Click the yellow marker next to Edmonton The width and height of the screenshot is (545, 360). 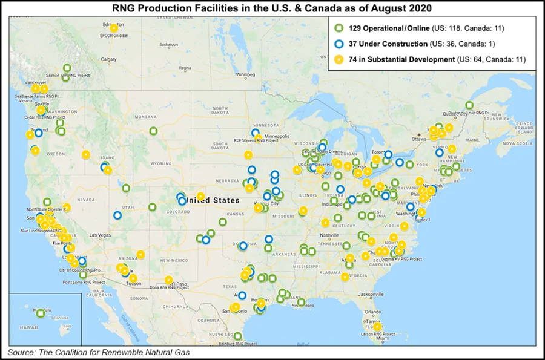[x=114, y=28]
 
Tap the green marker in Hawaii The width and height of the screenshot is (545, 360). [x=41, y=313]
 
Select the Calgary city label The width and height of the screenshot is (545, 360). [x=109, y=59]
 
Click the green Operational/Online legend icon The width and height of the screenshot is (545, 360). [x=339, y=28]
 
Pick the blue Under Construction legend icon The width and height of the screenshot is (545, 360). [x=339, y=44]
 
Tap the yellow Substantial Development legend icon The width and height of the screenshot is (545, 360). [x=339, y=59]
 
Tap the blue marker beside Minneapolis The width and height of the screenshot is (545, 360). [x=255, y=133]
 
